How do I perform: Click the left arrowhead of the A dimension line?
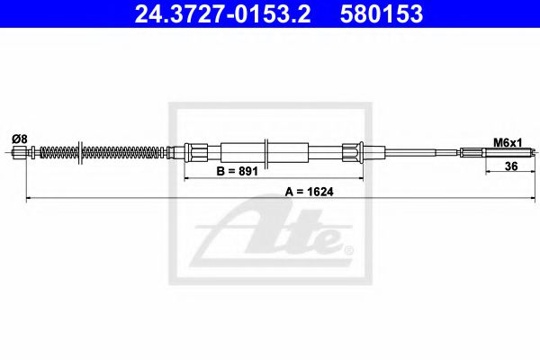(x=29, y=196)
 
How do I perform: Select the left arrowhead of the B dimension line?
(x=188, y=178)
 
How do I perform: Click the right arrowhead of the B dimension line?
(x=362, y=178)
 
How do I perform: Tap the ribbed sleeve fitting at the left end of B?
(x=194, y=152)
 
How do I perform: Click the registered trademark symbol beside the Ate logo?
(x=349, y=248)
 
